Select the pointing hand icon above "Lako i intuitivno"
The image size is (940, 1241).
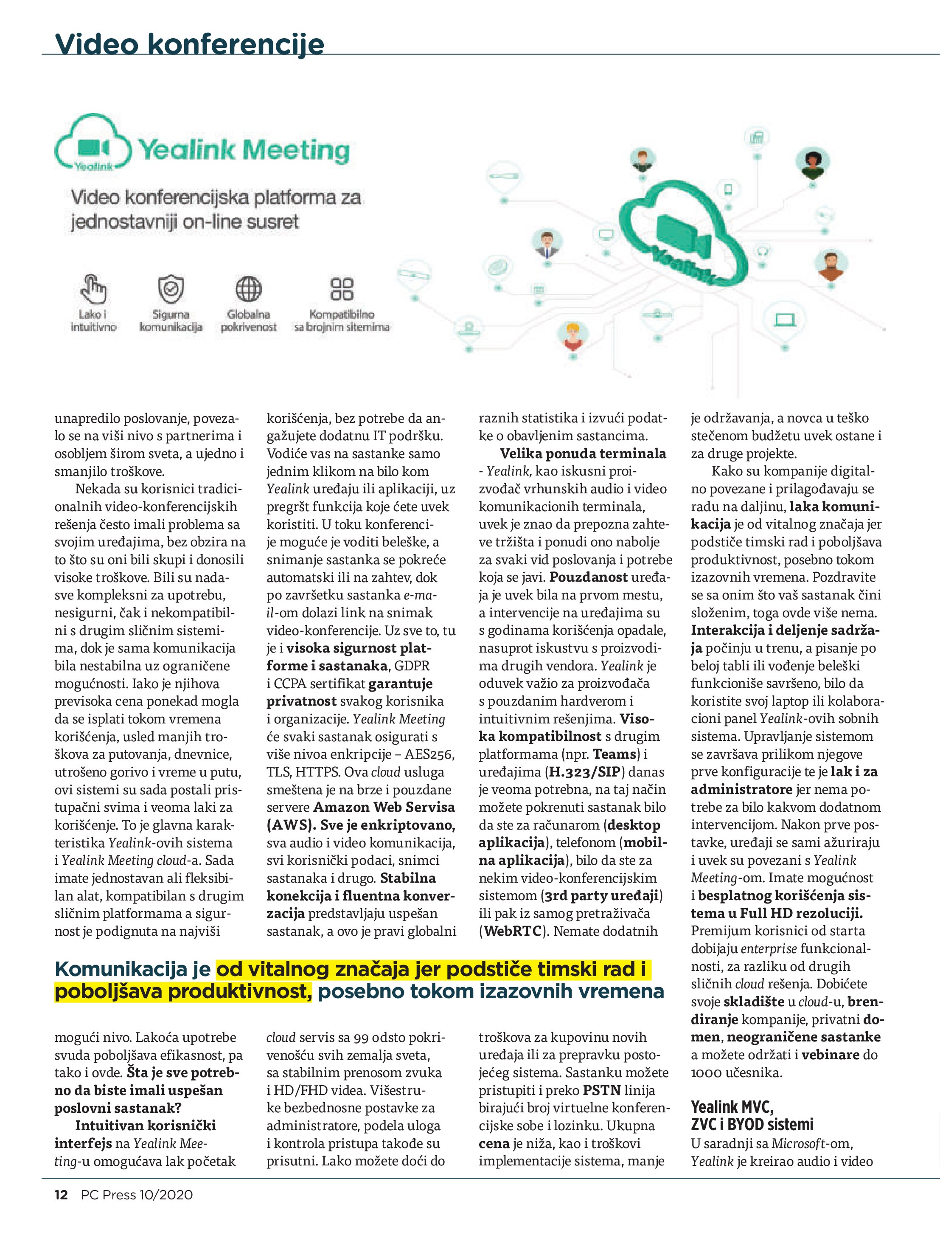pyautogui.click(x=93, y=289)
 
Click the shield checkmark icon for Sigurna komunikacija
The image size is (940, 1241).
pyautogui.click(x=171, y=289)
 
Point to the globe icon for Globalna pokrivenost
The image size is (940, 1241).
pyautogui.click(x=248, y=289)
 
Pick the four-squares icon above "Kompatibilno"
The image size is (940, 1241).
pyautogui.click(x=342, y=289)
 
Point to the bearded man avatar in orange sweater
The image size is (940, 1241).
pyautogui.click(x=831, y=265)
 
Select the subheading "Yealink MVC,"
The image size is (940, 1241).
pyautogui.click(x=732, y=1107)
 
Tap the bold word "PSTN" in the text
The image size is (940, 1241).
pyautogui.click(x=601, y=1090)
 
